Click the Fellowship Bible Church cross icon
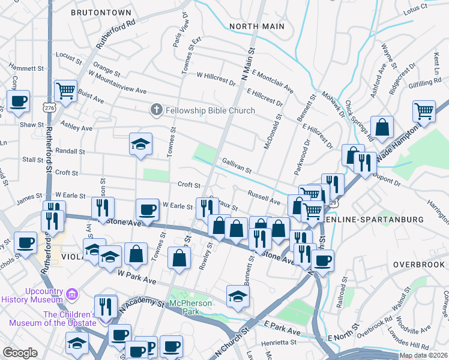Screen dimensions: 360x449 pos(155,110)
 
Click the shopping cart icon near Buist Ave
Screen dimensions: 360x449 pos(65,91)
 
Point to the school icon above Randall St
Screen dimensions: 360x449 pos(140,144)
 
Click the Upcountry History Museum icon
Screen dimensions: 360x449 pos(73,294)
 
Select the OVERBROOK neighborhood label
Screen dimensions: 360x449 pos(419,264)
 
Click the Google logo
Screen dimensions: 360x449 pos(20,352)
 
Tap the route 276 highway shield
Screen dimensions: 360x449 pos(49,107)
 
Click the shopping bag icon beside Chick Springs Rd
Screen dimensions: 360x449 pos(382,127)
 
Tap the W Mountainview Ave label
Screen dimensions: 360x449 pos(117,91)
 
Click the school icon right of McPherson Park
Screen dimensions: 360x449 pos(238,296)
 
